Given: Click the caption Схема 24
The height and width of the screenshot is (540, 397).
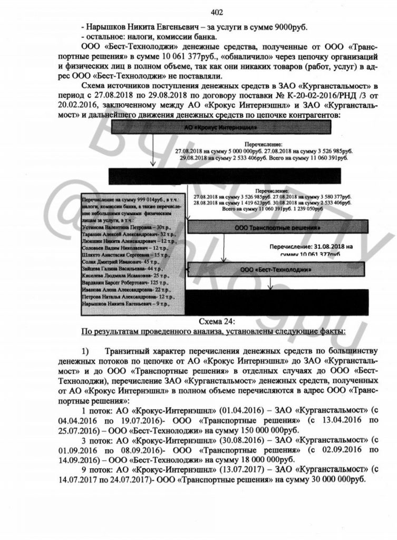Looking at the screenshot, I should click(x=220, y=321).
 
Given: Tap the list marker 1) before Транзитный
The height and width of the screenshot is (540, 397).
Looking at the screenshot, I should click(x=87, y=351).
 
